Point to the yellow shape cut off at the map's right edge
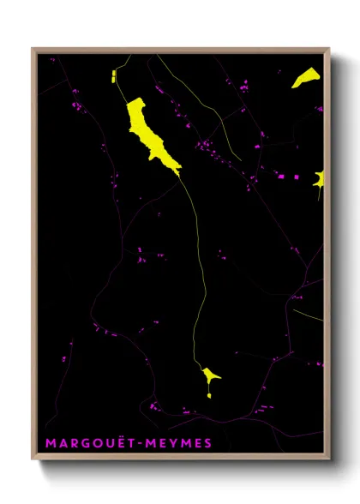pos(320,180)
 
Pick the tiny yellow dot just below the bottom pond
pos(209,395)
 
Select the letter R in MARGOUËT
pos(69,443)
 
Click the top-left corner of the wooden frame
pos(33,48)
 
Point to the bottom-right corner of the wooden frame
pos(329,460)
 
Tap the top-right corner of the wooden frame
pos(329,48)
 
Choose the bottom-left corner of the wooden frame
pos(33,460)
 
